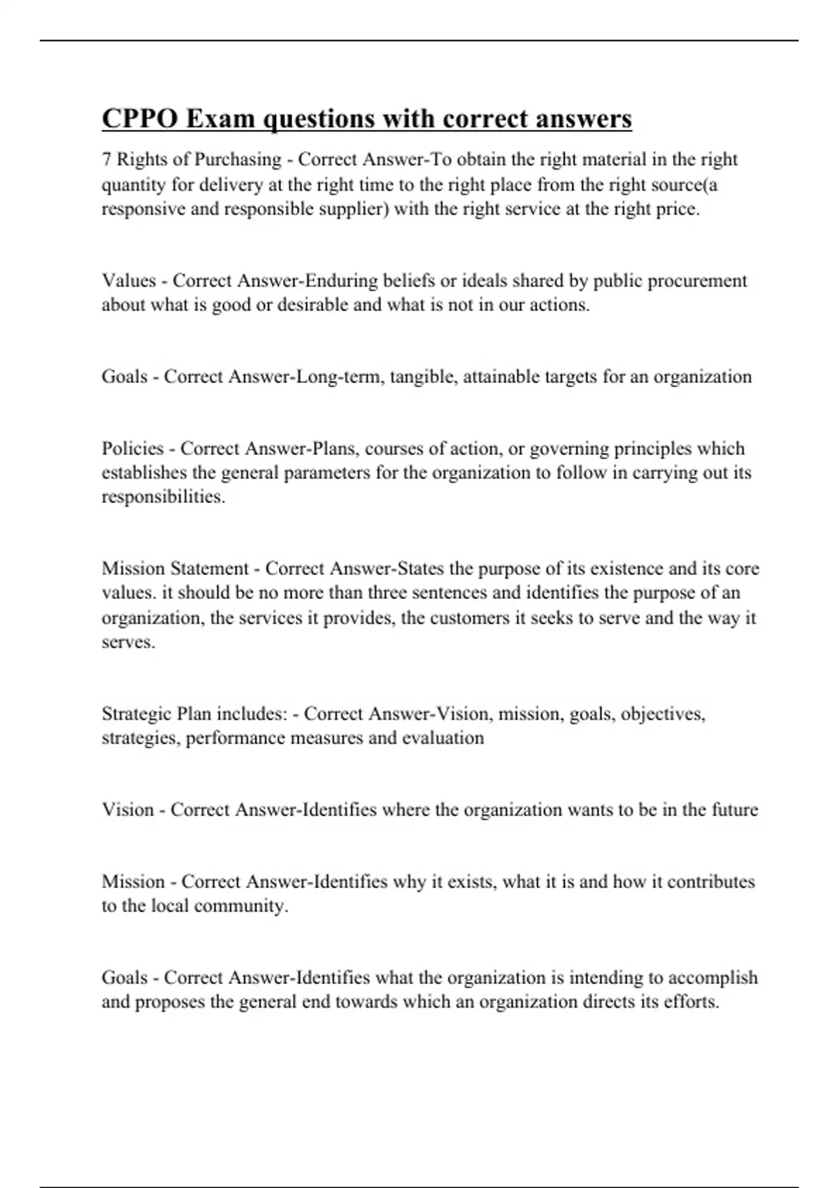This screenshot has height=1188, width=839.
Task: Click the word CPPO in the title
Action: pyautogui.click(x=139, y=119)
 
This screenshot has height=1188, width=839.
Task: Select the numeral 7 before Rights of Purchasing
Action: pyautogui.click(x=106, y=160)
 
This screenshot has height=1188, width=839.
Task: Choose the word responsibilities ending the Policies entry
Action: pyautogui.click(x=163, y=497)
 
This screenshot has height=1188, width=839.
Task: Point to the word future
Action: pyautogui.click(x=734, y=810)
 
